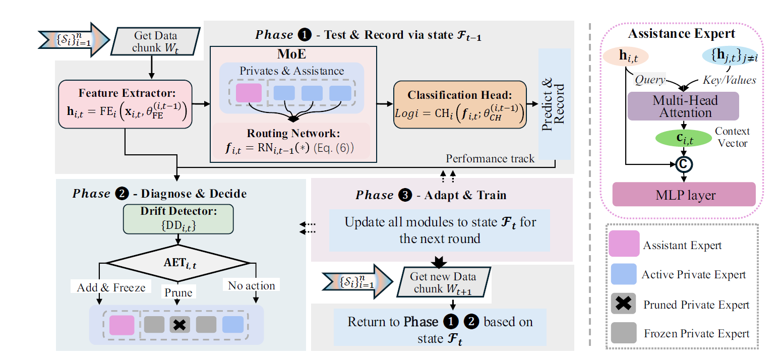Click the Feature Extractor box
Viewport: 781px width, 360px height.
point(126,104)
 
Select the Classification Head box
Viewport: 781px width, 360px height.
point(460,104)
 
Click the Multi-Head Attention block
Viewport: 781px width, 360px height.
point(683,106)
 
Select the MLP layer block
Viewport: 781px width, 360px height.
point(684,195)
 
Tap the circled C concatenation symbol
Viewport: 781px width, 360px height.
point(684,163)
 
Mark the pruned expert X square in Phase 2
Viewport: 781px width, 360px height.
point(178,325)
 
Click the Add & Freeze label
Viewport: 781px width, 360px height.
point(111,287)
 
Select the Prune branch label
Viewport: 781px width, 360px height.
point(178,292)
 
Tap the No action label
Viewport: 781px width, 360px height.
point(252,286)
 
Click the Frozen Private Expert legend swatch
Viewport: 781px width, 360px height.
point(624,333)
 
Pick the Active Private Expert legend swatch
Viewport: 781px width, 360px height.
point(624,275)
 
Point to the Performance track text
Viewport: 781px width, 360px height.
point(490,159)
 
